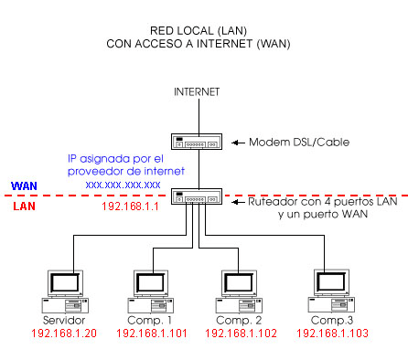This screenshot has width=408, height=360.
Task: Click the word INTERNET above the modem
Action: point(197,92)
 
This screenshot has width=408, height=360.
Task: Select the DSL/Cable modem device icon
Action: point(197,142)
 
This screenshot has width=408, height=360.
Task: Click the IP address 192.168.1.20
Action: point(64,334)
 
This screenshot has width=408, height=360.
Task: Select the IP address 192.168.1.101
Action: point(150,334)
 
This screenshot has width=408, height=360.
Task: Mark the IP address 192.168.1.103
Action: point(331,334)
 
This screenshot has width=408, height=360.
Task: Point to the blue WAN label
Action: point(24,185)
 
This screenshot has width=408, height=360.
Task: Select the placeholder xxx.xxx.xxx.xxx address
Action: point(123,185)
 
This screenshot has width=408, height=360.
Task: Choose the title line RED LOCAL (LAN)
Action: point(199,31)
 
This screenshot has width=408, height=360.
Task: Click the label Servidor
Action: point(64,322)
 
